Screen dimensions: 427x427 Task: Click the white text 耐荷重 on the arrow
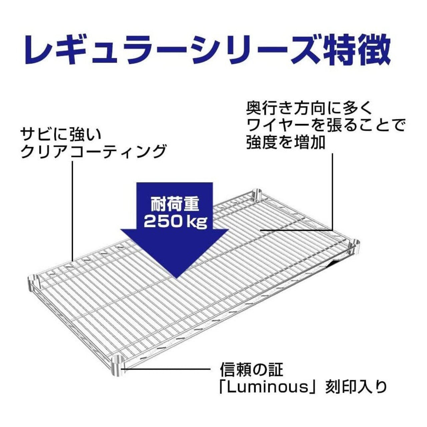[x=175, y=204]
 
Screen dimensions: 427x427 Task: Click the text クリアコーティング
[x=93, y=152]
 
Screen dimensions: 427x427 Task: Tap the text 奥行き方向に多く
[x=309, y=109]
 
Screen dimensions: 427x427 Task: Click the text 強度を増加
[x=286, y=143]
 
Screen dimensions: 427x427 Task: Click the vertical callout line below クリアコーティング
[x=73, y=210]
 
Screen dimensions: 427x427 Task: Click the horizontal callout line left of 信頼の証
[x=167, y=369]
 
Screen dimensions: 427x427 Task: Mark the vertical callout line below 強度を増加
[x=333, y=190]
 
